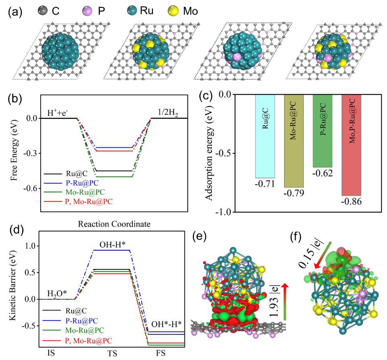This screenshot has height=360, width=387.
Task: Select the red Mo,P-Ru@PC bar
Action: pyautogui.click(x=352, y=145)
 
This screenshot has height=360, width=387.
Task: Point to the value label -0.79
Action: pyautogui.click(x=294, y=194)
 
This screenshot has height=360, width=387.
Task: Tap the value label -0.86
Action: pyautogui.click(x=352, y=202)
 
